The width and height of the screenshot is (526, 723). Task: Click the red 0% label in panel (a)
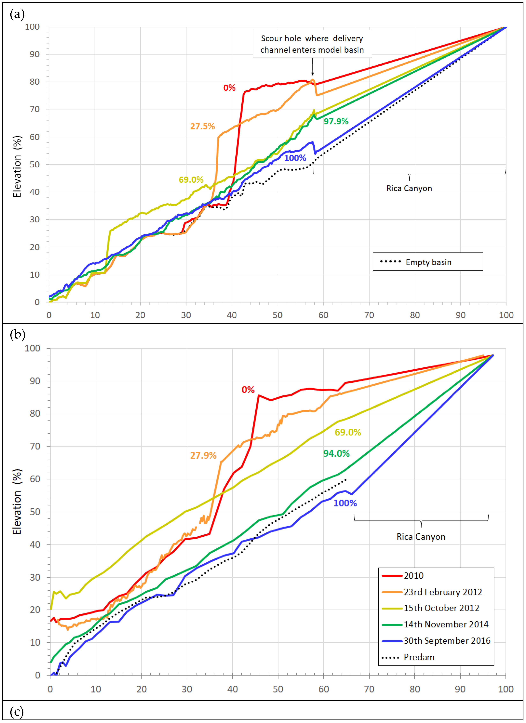[229, 88]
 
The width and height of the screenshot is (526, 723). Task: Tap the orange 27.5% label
[202, 126]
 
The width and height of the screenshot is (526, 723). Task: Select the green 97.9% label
[336, 121]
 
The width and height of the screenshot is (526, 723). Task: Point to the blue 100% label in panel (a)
[295, 158]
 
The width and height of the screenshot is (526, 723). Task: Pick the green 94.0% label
[336, 453]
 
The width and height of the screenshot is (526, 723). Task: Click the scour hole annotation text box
[312, 44]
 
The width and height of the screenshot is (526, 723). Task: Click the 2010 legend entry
[413, 576]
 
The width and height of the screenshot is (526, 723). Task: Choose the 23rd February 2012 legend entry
[442, 592]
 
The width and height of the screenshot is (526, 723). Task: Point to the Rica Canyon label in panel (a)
[409, 188]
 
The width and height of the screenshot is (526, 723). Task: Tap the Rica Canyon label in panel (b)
[421, 537]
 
